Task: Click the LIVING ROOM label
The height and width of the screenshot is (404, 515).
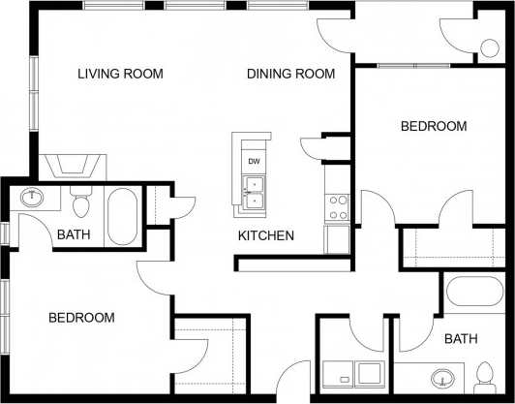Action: click(120, 74)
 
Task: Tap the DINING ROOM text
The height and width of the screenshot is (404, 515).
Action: click(290, 74)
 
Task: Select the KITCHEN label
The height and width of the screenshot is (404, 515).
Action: click(266, 235)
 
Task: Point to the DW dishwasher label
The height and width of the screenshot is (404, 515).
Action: click(254, 161)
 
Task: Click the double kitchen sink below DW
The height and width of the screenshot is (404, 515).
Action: click(254, 192)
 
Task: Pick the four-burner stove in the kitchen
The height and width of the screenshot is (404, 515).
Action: click(338, 206)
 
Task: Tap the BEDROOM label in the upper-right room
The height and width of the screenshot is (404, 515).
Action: click(434, 126)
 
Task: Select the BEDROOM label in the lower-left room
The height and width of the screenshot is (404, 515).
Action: click(82, 317)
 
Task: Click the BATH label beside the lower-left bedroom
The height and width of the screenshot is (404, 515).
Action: click(74, 234)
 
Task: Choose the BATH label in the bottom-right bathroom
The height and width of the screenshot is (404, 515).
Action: click(461, 338)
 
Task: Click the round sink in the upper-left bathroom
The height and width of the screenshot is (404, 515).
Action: click(34, 198)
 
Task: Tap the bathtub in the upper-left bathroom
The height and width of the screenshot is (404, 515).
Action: click(123, 216)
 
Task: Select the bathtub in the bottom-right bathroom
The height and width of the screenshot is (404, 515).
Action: click(474, 293)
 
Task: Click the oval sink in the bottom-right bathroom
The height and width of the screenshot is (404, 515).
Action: click(444, 378)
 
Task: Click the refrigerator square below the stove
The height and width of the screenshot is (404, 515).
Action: click(337, 237)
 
